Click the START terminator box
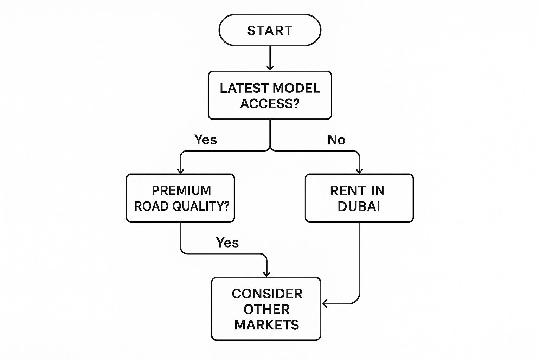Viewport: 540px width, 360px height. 270,30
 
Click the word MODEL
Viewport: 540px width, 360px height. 296,88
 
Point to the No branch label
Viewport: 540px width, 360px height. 336,140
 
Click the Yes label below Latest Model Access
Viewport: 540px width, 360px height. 206,140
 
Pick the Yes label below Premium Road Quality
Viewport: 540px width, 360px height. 227,243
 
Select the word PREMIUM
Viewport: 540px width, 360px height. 181,191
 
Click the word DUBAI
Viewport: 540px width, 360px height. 359,206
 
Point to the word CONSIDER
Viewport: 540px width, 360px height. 267,294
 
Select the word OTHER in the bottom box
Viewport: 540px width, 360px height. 266,309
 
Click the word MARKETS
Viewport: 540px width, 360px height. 266,325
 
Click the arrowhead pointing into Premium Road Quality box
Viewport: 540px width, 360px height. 180,171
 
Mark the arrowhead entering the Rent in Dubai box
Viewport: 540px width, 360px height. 359,171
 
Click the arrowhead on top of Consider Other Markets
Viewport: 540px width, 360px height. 267,274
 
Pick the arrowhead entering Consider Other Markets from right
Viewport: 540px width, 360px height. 324,303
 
